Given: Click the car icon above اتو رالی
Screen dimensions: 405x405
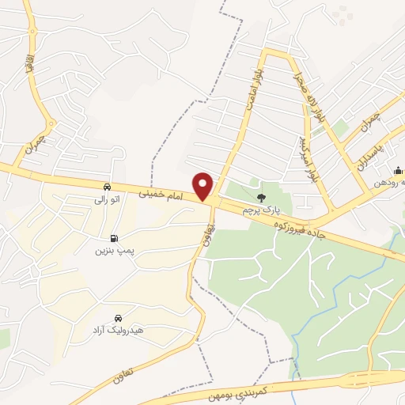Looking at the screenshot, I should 106,187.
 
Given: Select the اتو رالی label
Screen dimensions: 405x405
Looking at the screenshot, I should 106,199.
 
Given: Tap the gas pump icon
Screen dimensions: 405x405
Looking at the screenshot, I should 115,237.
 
